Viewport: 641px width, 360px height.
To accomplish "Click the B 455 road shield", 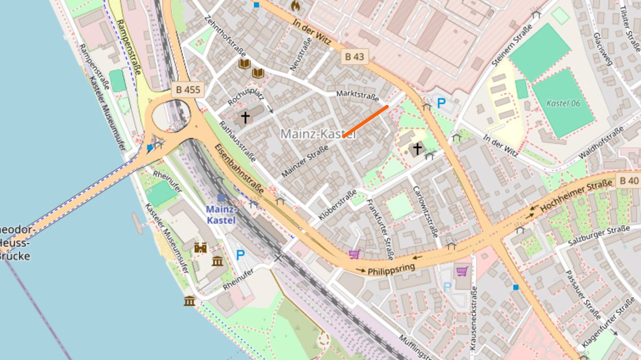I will pos(188,89).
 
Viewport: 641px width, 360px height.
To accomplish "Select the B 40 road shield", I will pos(628,181).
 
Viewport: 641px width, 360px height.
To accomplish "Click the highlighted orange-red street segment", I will pos(365,121).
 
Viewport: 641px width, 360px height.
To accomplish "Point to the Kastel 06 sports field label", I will pos(563,103).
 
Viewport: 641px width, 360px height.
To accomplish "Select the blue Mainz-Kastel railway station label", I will pos(220,214).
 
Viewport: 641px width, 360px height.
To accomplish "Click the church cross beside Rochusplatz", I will pos(245,118).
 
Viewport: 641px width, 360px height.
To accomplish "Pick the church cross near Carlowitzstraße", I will pos(417,148).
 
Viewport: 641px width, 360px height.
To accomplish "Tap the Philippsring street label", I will pos(391,269).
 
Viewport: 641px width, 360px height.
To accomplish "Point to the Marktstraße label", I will pos(357,95).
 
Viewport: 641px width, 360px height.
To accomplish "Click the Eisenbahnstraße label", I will pos(239,169).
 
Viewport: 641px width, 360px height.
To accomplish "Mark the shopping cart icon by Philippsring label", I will pos(354,254).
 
